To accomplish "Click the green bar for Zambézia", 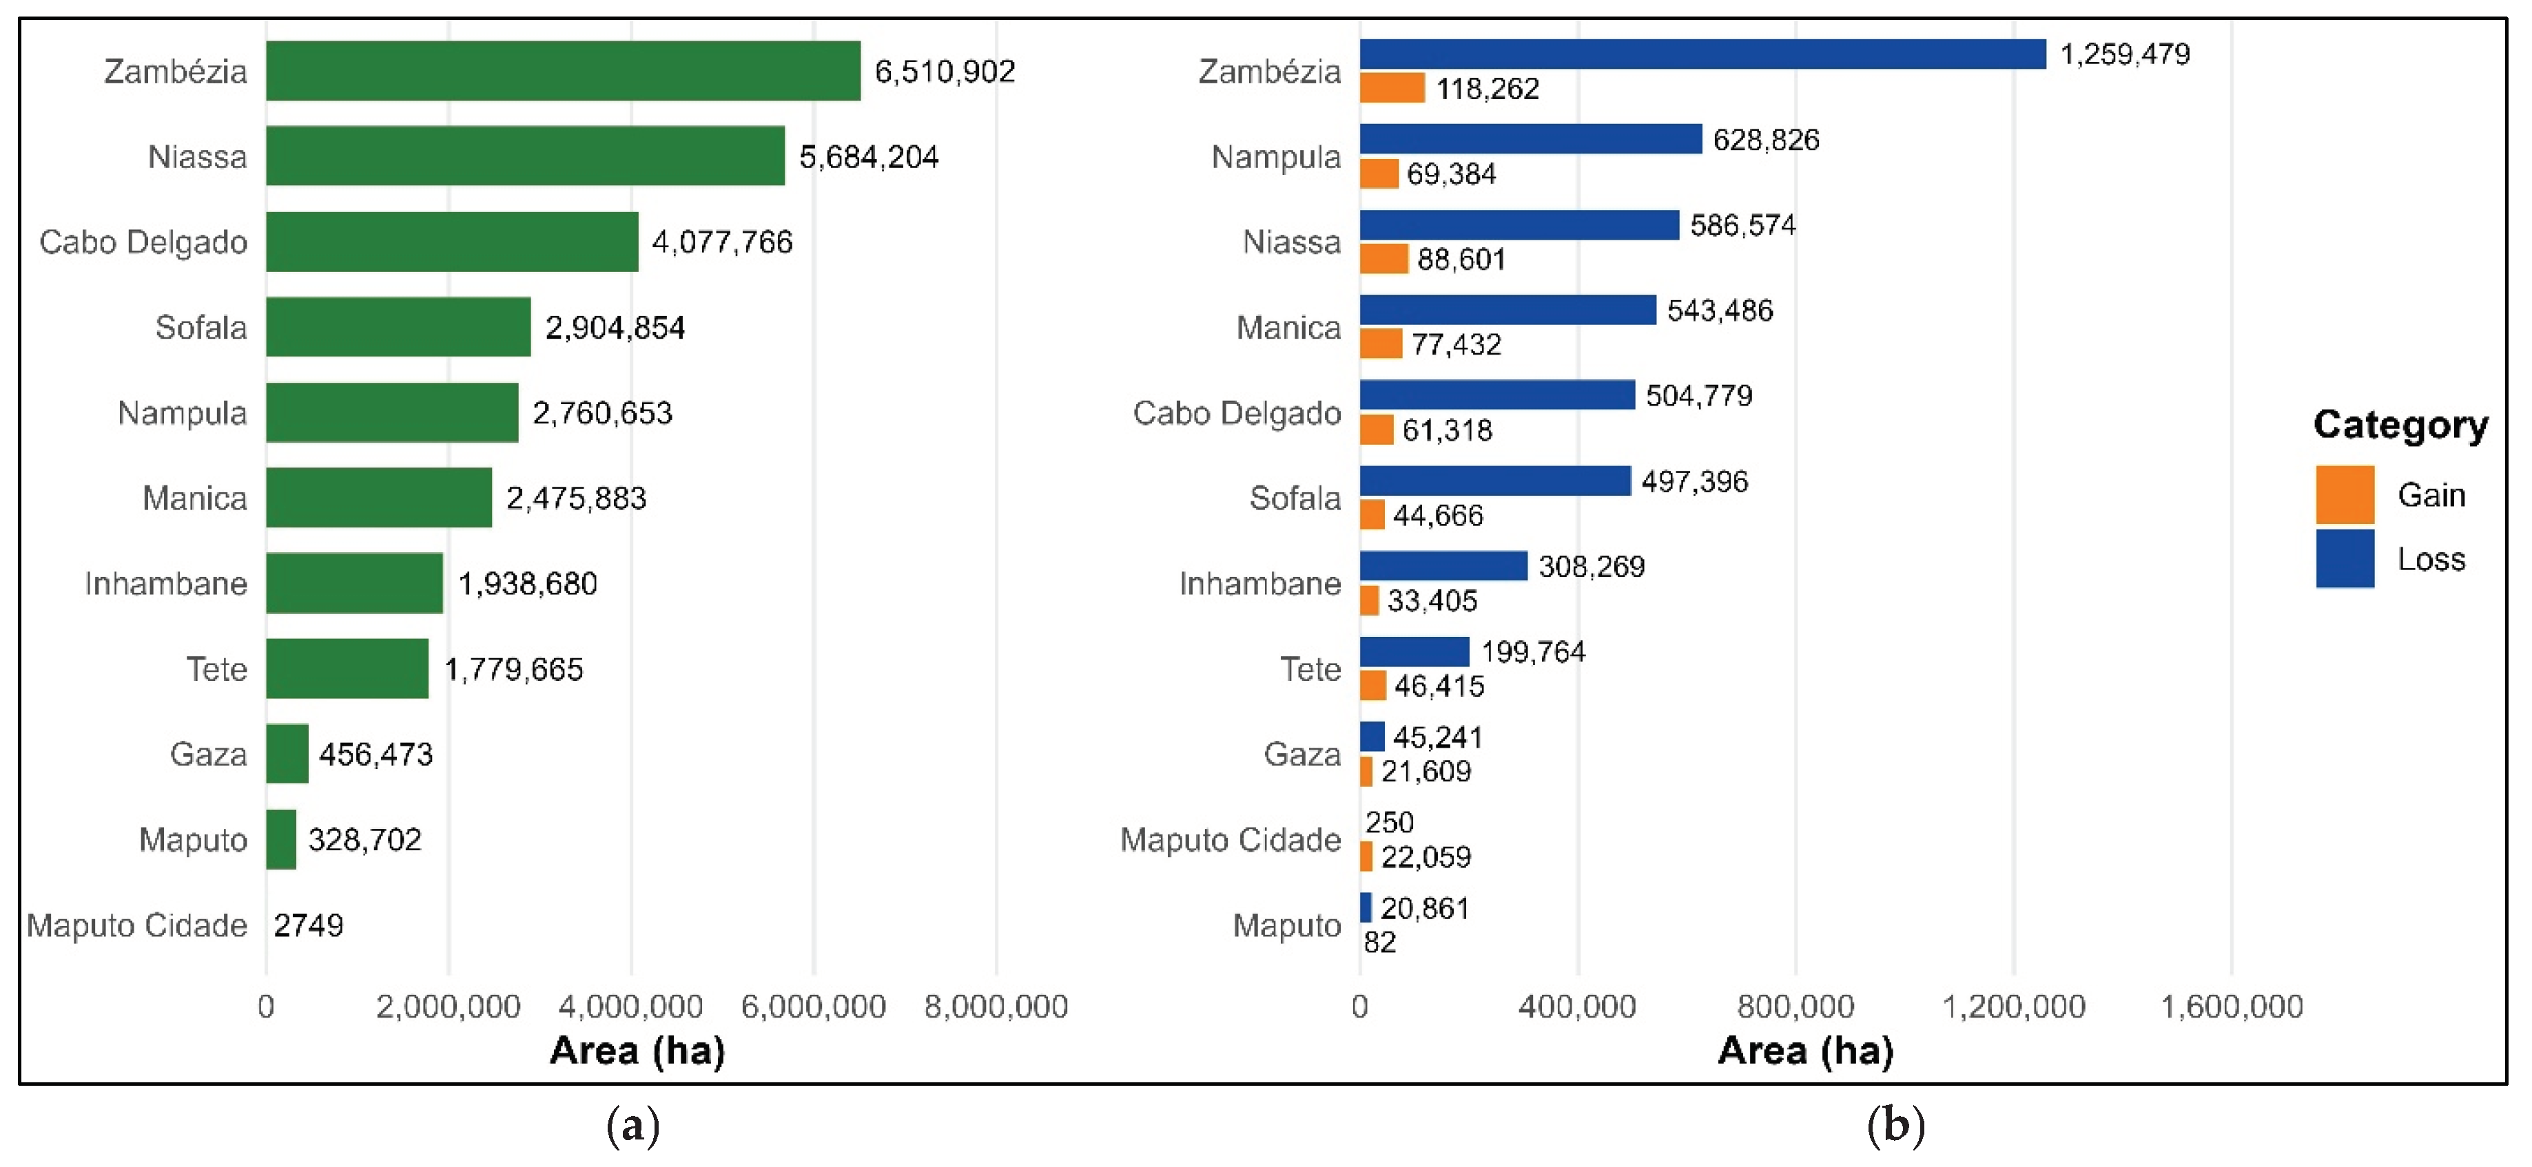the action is tap(563, 71).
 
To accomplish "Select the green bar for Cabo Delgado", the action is tap(452, 242).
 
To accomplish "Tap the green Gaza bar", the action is tap(287, 753).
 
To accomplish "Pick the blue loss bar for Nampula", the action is tap(1530, 138).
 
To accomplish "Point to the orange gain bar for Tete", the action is tap(1373, 686).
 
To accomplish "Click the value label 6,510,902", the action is tap(945, 71).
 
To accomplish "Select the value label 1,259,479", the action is tap(2125, 54).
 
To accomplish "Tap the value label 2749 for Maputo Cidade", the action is tap(309, 925).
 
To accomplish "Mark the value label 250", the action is tap(1389, 821).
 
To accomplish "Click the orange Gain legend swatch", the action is tap(2345, 495).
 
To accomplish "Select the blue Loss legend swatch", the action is tap(2345, 559).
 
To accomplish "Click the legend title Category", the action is tap(2400, 424).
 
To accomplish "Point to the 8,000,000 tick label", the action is tap(996, 1006).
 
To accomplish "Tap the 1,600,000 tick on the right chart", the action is tap(2231, 1006).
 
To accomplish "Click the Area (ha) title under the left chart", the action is tap(637, 1050).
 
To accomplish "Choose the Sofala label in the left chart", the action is tap(200, 327).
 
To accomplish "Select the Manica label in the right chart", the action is tap(1288, 327).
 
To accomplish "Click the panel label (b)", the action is tap(1895, 1125).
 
